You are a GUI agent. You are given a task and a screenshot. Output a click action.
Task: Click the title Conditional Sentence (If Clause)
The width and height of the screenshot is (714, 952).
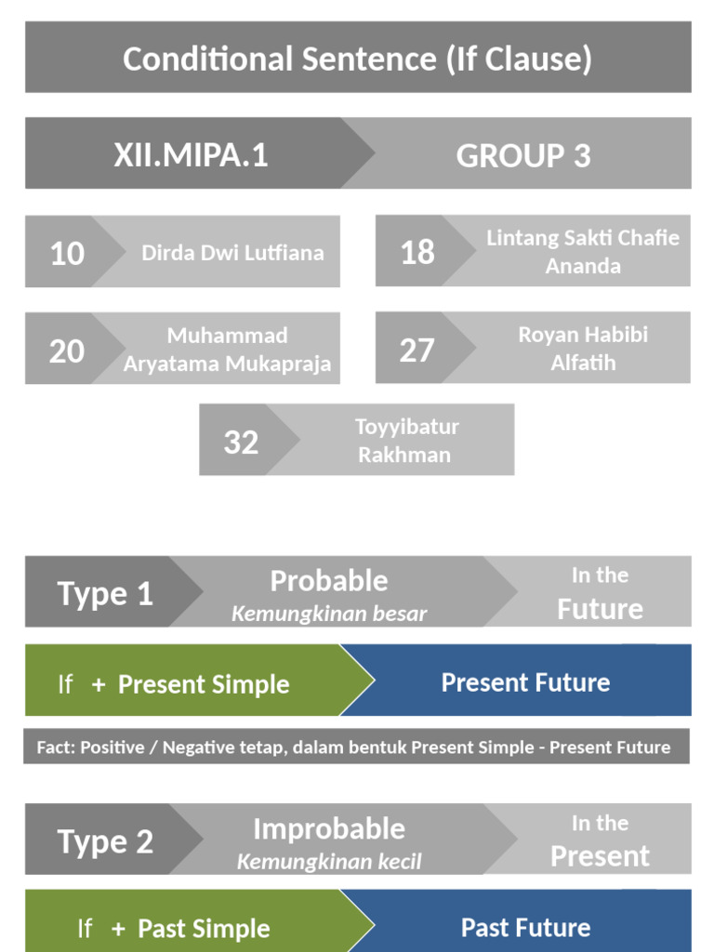(x=357, y=59)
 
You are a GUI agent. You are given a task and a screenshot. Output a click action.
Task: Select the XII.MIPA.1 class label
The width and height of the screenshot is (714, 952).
(x=191, y=154)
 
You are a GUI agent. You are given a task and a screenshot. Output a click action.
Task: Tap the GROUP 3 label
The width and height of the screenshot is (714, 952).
(x=522, y=155)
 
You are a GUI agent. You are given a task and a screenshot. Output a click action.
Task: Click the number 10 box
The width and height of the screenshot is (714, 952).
(x=67, y=253)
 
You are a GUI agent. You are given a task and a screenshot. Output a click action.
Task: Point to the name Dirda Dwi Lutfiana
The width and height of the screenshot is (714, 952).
(x=232, y=253)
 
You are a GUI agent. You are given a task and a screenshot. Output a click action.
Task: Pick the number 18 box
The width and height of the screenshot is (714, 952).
(x=416, y=252)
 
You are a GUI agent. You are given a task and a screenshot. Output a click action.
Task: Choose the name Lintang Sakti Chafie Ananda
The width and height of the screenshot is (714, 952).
(x=582, y=251)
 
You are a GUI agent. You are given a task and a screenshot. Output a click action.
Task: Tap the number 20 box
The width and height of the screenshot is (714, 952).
(x=66, y=350)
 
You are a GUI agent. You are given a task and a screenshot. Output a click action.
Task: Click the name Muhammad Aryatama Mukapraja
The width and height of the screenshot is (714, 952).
(x=227, y=349)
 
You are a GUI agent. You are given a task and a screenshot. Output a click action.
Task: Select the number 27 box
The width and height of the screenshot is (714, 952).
(x=416, y=350)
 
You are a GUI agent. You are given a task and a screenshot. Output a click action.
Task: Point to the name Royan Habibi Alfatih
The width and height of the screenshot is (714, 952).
(x=583, y=348)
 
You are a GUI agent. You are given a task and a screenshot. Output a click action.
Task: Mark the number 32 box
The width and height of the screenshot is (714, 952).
(x=241, y=442)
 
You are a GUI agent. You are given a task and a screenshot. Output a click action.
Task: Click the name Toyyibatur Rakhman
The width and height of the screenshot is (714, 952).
(x=406, y=440)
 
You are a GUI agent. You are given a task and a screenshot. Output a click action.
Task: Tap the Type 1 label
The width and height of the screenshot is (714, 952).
(x=105, y=593)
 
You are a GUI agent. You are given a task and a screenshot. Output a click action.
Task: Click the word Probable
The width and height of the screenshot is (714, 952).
(x=328, y=581)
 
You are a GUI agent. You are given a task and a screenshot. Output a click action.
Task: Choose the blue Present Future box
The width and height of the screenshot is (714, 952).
(x=525, y=682)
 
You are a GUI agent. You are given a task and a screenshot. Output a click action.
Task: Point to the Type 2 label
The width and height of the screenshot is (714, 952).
(x=105, y=841)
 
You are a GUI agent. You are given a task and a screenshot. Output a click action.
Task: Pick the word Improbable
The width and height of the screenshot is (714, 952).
(x=328, y=828)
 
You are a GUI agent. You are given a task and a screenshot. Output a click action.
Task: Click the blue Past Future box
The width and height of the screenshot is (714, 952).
(x=525, y=927)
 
